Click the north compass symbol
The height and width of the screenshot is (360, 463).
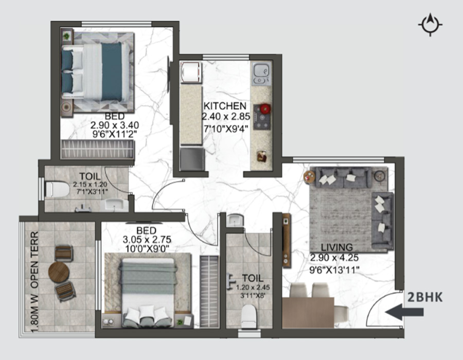[430, 25]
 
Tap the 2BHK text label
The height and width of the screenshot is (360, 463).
[425, 297]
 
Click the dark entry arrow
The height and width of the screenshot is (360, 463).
[404, 312]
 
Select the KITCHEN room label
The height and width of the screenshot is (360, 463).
[225, 106]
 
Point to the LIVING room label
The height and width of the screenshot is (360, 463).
[336, 247]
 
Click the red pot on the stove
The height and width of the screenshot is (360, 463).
[265, 109]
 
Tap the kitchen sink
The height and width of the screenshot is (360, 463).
[261, 74]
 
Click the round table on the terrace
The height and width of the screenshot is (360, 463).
[59, 273]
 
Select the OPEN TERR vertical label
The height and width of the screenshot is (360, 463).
[34, 260]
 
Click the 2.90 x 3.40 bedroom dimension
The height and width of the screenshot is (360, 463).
[115, 125]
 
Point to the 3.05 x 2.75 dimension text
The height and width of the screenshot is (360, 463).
[147, 239]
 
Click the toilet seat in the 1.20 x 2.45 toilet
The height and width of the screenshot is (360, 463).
[248, 316]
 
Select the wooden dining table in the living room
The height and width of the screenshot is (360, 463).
[308, 313]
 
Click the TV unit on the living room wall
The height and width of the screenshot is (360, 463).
[286, 241]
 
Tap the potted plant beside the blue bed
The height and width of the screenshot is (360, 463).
[67, 36]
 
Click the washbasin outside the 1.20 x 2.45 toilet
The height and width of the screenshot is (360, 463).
[235, 220]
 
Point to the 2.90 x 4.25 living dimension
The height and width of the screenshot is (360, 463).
[334, 258]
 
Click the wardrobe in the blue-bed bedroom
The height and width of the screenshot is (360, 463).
[97, 150]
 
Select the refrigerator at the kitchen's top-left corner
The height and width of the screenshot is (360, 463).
[191, 73]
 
